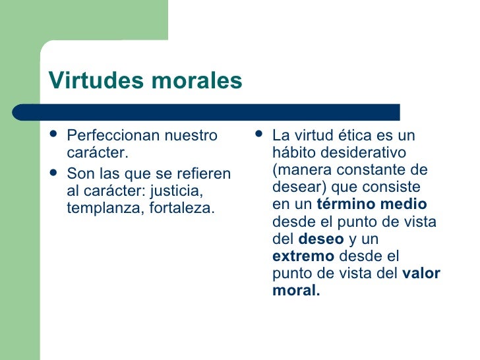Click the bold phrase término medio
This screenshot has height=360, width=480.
tap(372, 204)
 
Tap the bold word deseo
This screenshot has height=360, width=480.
tap(321, 239)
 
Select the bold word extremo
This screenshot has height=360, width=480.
tap(303, 256)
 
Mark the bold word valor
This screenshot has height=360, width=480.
tap(421, 273)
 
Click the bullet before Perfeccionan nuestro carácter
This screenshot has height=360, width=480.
tap(54, 135)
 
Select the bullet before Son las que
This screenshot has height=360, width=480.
tap(54, 173)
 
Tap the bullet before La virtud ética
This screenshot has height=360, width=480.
tap(258, 135)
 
